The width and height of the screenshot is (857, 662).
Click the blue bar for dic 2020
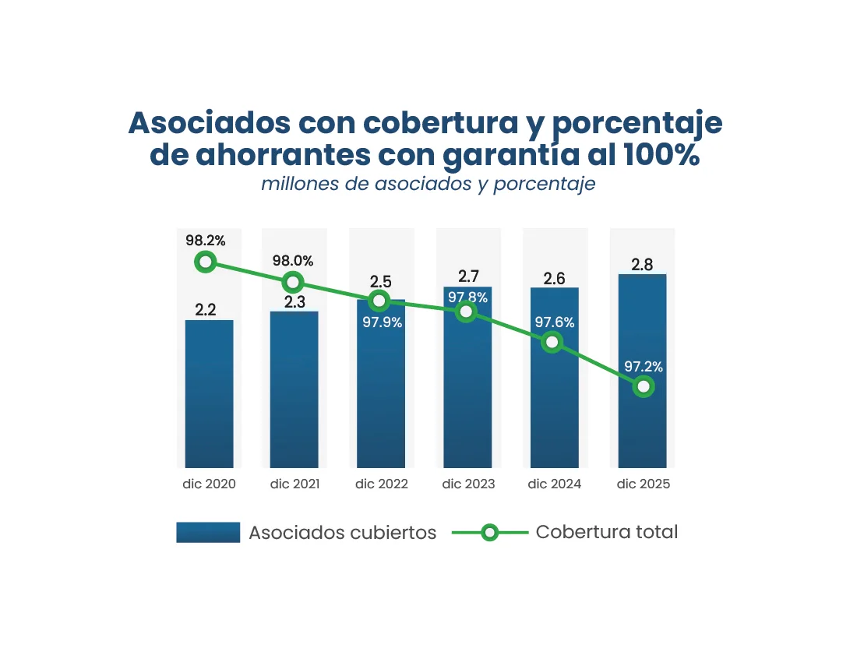(x=209, y=393)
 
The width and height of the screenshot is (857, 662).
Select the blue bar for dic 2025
(x=642, y=428)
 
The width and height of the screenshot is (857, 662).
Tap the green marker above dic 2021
(x=293, y=282)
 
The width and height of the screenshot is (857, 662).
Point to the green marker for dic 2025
(x=643, y=386)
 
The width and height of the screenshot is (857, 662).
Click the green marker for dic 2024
(x=552, y=342)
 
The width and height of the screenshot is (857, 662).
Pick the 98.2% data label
(x=205, y=240)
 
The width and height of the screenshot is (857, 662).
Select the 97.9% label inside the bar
(x=382, y=322)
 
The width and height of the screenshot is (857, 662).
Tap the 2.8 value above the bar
(x=642, y=265)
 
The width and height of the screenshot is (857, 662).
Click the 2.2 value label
(x=206, y=310)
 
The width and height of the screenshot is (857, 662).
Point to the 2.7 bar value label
(x=469, y=276)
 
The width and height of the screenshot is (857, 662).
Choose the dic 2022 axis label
(x=382, y=484)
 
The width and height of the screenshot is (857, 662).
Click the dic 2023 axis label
(x=468, y=484)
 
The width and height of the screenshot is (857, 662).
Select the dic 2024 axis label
(x=555, y=484)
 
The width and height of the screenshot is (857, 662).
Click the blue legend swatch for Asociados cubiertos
(x=208, y=533)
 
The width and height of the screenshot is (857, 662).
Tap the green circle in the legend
(x=489, y=533)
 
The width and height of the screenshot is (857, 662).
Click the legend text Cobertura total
(x=607, y=532)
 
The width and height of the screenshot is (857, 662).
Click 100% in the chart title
(x=661, y=155)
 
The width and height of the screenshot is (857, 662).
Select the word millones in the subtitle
(x=295, y=185)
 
